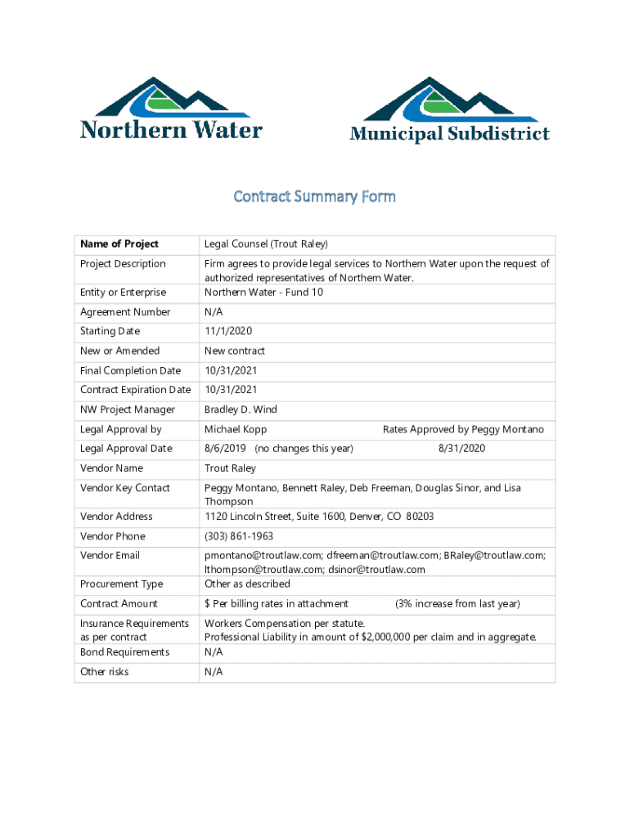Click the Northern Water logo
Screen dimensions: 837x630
click(x=170, y=109)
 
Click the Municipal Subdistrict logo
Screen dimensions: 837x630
click(x=449, y=110)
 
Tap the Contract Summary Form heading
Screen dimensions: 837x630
click(x=315, y=196)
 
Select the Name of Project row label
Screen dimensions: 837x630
click(x=119, y=244)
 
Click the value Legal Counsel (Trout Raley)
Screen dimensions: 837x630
click(x=266, y=244)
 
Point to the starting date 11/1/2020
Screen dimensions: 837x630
click(x=228, y=331)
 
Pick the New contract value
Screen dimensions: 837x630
click(x=235, y=351)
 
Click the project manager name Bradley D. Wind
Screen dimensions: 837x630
click(x=241, y=410)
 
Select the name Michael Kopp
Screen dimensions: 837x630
click(x=236, y=429)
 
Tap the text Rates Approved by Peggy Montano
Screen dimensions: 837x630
click(x=463, y=429)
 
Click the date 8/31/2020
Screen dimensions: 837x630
click(x=462, y=449)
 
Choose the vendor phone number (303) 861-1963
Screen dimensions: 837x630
click(x=239, y=536)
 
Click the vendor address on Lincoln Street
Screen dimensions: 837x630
click(x=319, y=517)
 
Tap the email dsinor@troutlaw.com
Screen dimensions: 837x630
click(x=377, y=570)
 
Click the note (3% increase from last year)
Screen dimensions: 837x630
click(x=457, y=603)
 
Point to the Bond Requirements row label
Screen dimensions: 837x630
click(x=125, y=651)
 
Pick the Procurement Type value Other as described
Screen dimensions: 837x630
click(x=247, y=584)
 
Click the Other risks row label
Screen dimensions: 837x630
click(x=105, y=672)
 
